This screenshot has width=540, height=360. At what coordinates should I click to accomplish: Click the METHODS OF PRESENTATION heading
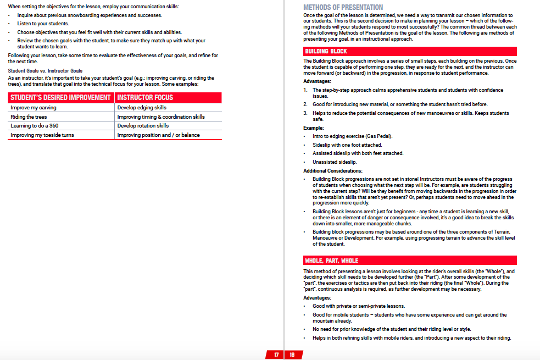(x=343, y=7)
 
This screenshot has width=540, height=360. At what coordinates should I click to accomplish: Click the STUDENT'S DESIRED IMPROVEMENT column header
(x=60, y=97)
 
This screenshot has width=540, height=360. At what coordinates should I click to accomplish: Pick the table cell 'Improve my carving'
(x=34, y=108)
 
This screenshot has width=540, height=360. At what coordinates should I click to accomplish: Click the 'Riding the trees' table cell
(x=29, y=117)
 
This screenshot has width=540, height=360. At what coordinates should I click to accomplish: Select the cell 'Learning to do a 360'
(x=35, y=126)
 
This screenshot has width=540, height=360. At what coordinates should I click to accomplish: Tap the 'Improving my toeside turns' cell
(x=42, y=135)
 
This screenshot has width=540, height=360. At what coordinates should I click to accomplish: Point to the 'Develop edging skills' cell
(x=142, y=108)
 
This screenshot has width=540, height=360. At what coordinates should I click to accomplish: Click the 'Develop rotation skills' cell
(x=143, y=126)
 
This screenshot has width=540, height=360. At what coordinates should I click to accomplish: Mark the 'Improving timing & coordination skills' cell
(x=161, y=117)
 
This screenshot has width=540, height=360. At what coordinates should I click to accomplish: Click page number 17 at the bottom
(x=276, y=355)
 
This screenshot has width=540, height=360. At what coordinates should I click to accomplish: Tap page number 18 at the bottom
(x=292, y=355)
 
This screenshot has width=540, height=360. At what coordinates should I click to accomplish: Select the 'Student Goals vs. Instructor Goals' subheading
(x=45, y=71)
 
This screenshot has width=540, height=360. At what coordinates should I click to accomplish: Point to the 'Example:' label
(x=314, y=128)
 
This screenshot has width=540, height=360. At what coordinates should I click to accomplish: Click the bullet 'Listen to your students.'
(x=43, y=24)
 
